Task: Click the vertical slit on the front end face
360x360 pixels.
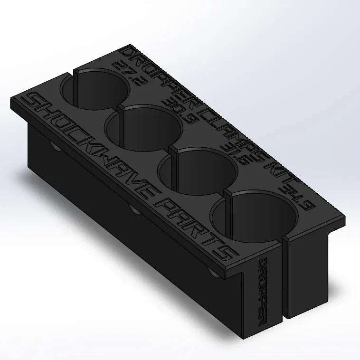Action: [x=284, y=280]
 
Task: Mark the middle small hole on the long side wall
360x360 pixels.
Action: [x=133, y=208]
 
